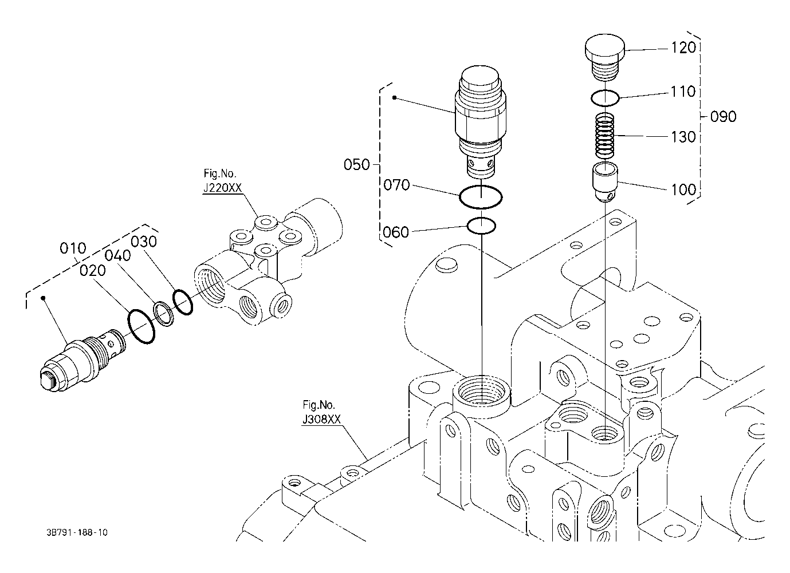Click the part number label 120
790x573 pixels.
(x=683, y=48)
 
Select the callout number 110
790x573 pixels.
(x=683, y=92)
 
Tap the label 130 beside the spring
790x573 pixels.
(x=683, y=137)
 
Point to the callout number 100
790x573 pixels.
(x=683, y=189)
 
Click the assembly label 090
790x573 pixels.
(x=724, y=116)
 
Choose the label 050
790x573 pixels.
(x=356, y=164)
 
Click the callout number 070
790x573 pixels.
(x=396, y=185)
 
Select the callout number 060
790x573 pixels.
(x=396, y=232)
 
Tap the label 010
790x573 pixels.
(x=73, y=248)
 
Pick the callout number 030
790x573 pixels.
(x=144, y=242)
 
